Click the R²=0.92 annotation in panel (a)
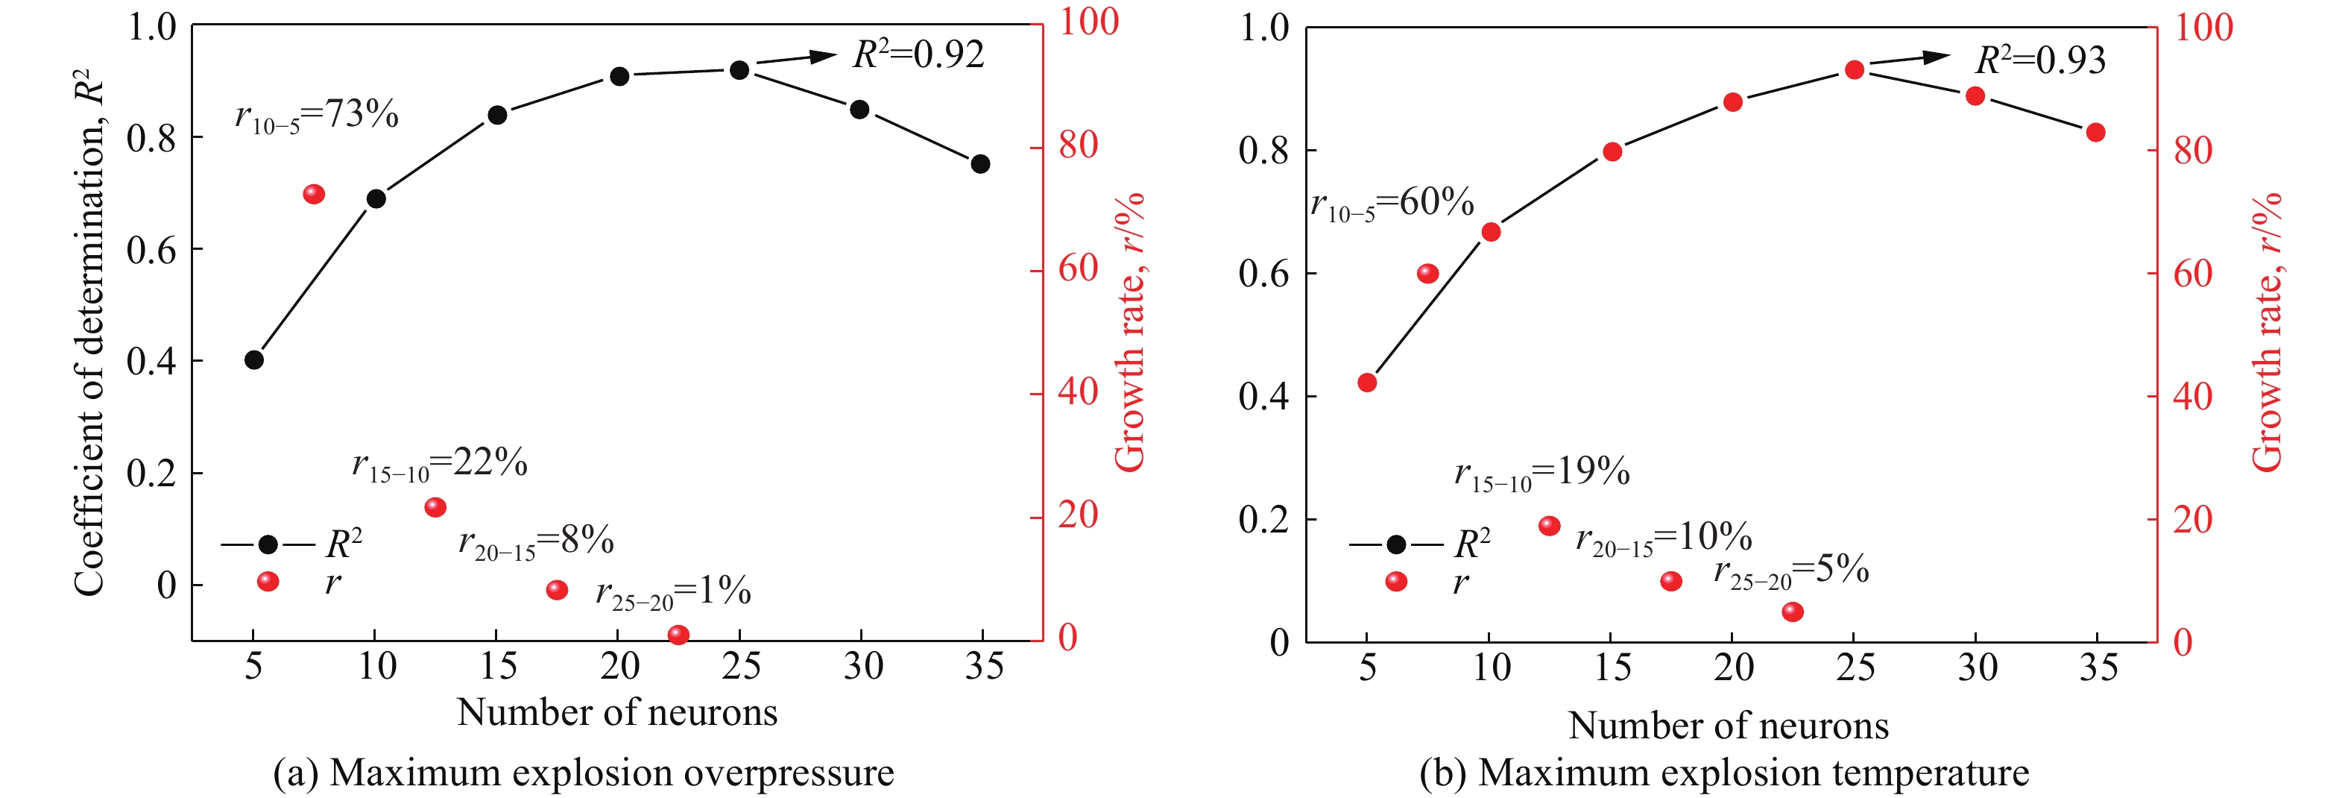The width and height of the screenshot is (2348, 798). pyautogui.click(x=918, y=54)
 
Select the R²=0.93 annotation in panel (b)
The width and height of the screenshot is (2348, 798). pyautogui.click(x=2040, y=60)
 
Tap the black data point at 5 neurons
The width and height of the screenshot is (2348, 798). pyautogui.click(x=254, y=360)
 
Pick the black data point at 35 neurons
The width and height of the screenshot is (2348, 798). pyautogui.click(x=981, y=164)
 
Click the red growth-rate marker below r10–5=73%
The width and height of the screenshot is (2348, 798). pyautogui.click(x=314, y=194)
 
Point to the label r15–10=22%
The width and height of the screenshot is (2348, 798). pyautogui.click(x=439, y=464)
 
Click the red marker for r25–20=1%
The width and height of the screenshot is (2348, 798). pyautogui.click(x=678, y=635)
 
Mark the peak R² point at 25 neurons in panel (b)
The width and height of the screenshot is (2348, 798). pyautogui.click(x=1854, y=70)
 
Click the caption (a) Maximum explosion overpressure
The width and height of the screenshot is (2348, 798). pyautogui.click(x=584, y=773)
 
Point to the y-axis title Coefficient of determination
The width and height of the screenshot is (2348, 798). pyautogui.click(x=89, y=333)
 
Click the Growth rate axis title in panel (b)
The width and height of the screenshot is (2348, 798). pyautogui.click(x=2267, y=333)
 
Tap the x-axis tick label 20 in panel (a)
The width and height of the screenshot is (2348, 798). pyautogui.click(x=620, y=667)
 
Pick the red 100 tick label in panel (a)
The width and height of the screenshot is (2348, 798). pyautogui.click(x=1088, y=22)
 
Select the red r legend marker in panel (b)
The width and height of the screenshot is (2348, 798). pyautogui.click(x=1395, y=582)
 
